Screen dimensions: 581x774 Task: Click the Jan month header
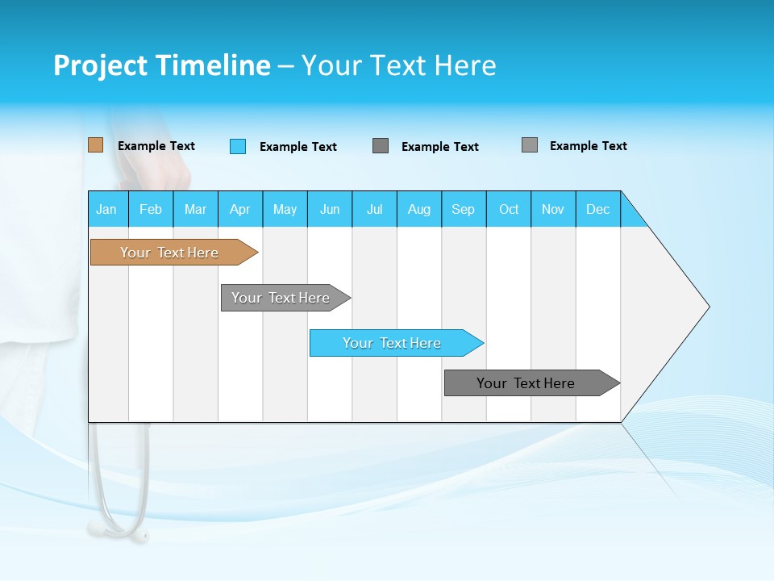[107, 209]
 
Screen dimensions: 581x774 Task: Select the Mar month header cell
[195, 209]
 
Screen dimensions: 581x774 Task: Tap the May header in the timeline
[285, 209]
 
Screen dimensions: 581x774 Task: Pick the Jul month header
[374, 209]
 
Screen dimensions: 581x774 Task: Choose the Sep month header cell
[463, 209]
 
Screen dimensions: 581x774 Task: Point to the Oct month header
[509, 209]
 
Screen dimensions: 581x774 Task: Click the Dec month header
[597, 209]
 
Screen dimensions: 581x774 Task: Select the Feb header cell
[151, 209]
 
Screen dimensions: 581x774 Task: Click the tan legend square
[96, 145]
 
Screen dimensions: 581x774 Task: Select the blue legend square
[238, 146]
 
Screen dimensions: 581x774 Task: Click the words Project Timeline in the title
[162, 65]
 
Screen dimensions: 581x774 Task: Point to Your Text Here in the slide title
[398, 65]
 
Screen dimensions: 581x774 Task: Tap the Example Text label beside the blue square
[298, 147]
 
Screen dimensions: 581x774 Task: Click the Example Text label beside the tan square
[156, 146]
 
